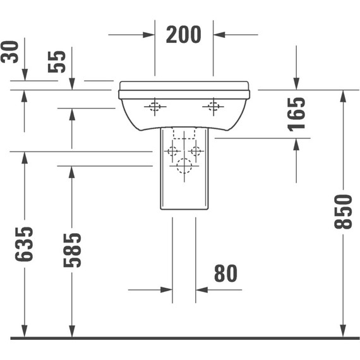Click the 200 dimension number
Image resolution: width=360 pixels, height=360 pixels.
tap(183, 35)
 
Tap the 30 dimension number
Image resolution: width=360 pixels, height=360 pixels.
tap(9, 52)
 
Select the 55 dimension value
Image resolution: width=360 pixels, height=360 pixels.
tap(57, 62)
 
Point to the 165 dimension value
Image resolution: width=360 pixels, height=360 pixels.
tap(296, 114)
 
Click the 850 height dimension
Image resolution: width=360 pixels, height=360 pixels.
tap(343, 212)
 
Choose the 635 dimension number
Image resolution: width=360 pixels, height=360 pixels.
tap(24, 244)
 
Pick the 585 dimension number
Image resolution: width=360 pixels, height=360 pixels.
tap(72, 250)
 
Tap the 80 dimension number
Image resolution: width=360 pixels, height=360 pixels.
tap(225, 273)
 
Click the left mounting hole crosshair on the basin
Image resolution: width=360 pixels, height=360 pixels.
tap(155, 107)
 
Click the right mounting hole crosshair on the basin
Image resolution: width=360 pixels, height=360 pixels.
tap(213, 107)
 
